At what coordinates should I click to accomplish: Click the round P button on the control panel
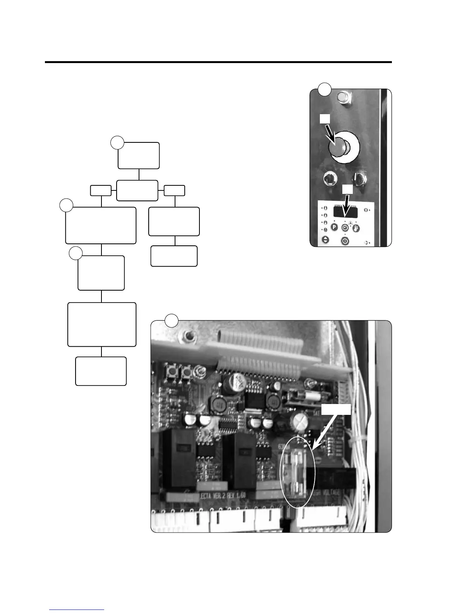333,228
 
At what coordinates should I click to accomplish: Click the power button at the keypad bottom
345,241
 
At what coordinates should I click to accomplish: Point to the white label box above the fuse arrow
337,409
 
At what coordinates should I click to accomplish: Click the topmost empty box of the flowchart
139,156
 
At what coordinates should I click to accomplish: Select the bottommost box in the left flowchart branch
101,371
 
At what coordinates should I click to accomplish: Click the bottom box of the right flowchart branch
174,256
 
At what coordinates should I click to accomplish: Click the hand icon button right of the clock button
356,228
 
